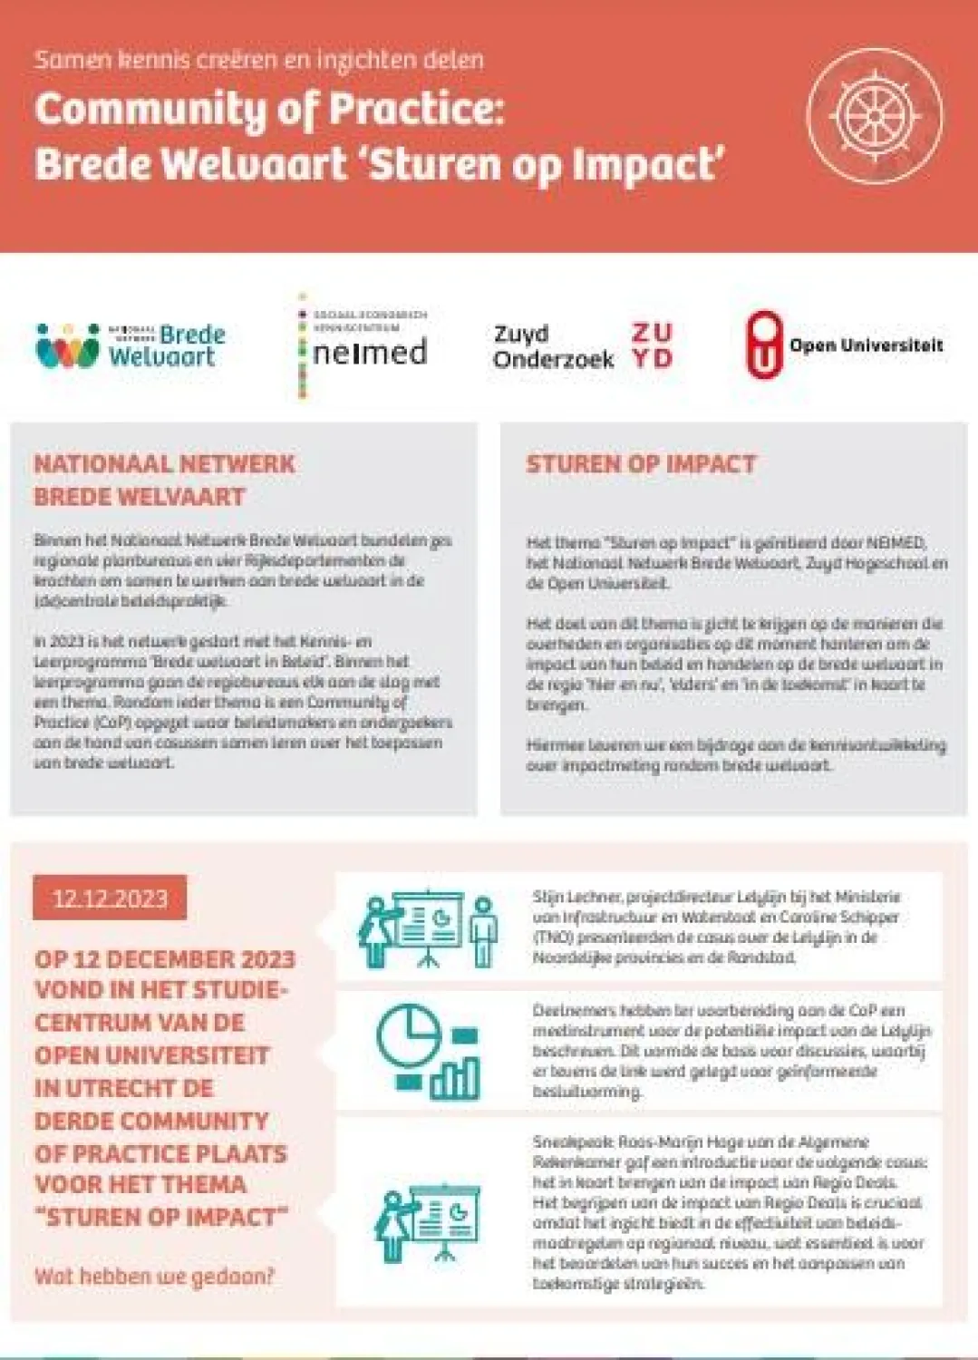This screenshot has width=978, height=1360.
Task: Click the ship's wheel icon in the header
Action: coord(874,117)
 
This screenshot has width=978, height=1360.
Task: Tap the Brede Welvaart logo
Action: coord(131,345)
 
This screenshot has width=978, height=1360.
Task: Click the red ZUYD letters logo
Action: coord(652,345)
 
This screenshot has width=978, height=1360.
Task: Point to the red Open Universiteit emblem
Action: coord(764,345)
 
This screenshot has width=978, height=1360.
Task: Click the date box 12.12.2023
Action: coord(110,898)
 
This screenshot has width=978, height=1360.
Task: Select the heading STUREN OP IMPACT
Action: coord(641,464)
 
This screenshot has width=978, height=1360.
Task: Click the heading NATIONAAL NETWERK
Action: coord(164,464)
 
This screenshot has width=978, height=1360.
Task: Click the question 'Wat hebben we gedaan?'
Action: coord(154,1277)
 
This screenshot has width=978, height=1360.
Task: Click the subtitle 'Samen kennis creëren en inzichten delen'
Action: coord(259,60)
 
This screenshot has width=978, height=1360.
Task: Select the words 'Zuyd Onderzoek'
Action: coord(553,346)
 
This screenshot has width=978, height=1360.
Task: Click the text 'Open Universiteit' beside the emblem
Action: coord(866,345)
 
